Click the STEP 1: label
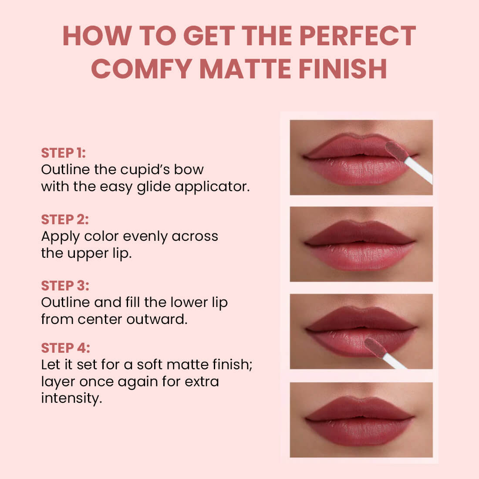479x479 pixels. [63, 153]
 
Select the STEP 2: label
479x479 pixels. [64, 219]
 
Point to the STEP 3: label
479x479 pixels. [65, 286]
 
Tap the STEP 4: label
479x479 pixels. [65, 348]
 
